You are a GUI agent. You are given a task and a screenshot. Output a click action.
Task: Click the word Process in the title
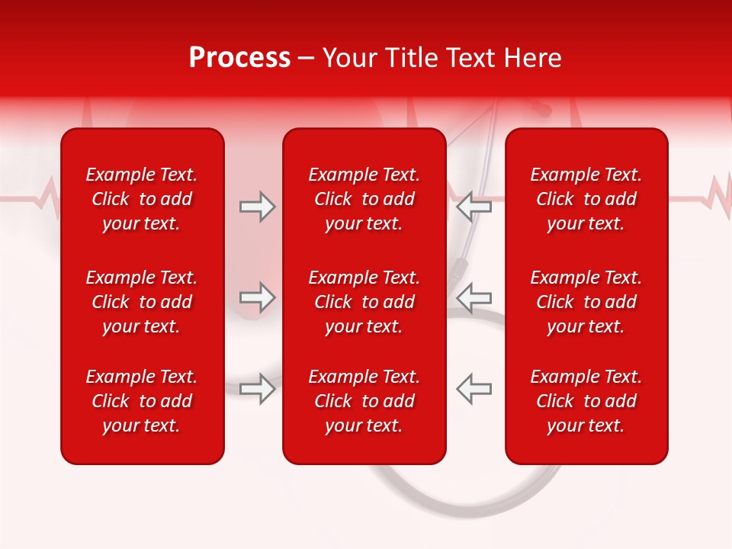tap(239, 58)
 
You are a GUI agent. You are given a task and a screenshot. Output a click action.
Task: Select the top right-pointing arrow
tap(257, 207)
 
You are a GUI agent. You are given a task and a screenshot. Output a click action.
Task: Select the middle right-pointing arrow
tap(257, 297)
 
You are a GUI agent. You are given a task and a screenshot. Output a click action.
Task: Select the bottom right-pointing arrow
tap(257, 388)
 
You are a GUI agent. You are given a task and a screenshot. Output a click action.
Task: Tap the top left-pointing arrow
tap(474, 205)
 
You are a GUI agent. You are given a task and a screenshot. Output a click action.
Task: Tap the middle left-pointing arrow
tap(474, 297)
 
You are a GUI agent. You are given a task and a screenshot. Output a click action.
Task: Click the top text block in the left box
tap(142, 199)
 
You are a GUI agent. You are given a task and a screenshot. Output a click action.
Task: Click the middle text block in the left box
tap(142, 302)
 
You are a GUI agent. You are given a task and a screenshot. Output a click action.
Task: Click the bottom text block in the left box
tap(142, 401)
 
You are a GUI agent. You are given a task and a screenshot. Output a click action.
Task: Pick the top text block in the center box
tap(364, 199)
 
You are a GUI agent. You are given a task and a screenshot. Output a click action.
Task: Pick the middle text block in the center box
tap(364, 302)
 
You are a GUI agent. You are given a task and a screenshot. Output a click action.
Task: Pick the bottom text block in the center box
tap(364, 401)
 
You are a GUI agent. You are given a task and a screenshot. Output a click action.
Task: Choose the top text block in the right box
tap(586, 199)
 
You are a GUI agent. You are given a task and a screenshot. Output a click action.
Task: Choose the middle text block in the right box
tap(586, 302)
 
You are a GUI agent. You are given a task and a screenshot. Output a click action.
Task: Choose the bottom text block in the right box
tap(586, 401)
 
